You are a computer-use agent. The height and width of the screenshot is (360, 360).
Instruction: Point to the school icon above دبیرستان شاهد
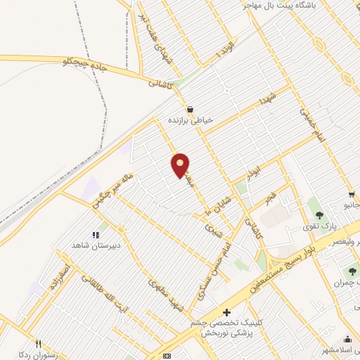(x=96, y=235)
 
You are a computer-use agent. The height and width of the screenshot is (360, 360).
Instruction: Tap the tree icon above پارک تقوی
(x=319, y=215)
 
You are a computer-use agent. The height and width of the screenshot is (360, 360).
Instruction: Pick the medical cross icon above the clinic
(x=226, y=312)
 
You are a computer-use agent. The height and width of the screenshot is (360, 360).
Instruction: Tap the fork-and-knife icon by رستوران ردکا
(x=39, y=344)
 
